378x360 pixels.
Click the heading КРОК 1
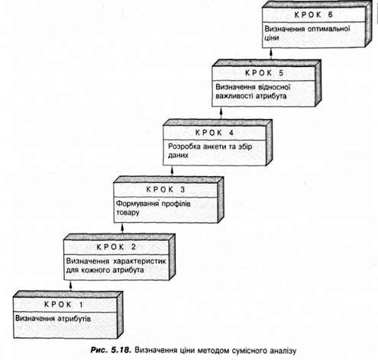click(63, 304)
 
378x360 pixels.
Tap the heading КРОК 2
click(116, 247)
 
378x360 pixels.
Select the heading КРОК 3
click(166, 189)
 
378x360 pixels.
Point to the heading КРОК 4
click(215, 133)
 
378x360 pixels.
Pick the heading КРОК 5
click(264, 73)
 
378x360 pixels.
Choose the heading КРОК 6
click(314, 14)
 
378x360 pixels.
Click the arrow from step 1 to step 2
click(71, 285)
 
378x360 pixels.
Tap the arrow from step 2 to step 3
click(122, 228)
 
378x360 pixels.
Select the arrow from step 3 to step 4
click(172, 171)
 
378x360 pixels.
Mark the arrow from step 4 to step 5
click(221, 113)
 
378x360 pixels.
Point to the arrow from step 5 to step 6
click(271, 53)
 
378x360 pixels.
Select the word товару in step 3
click(128, 213)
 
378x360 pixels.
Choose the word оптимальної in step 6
click(329, 28)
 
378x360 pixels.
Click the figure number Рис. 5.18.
click(111, 350)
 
